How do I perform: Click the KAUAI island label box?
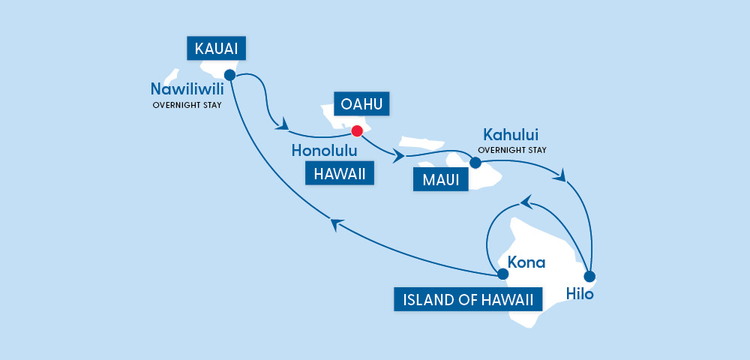[x=216, y=49]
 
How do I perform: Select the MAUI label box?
[x=440, y=179]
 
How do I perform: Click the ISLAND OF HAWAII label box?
[x=468, y=300]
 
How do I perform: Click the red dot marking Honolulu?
[x=357, y=131]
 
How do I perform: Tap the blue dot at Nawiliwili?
[x=229, y=75]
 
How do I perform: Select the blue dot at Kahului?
[x=475, y=162]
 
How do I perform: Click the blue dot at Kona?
[x=502, y=274]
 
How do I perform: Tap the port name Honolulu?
[x=323, y=151]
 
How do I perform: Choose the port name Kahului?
[x=511, y=136]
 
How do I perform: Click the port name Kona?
[x=526, y=262]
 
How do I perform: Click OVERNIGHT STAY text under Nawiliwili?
[x=187, y=105]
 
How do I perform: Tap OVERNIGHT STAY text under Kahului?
[x=512, y=150]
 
